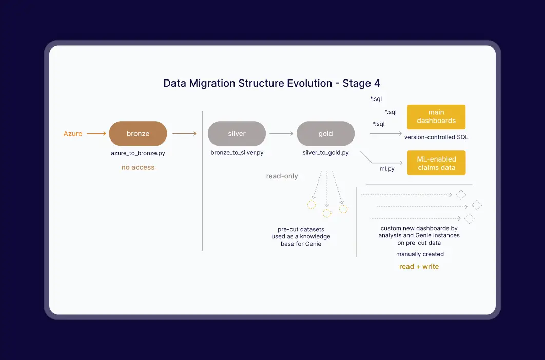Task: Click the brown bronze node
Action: [138, 134]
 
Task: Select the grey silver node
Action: [237, 134]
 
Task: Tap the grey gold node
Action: [325, 134]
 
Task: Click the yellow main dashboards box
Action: [436, 117]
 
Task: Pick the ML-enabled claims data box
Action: [436, 163]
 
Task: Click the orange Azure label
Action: [73, 134]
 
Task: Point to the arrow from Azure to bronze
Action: [96, 134]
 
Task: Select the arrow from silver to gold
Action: [281, 134]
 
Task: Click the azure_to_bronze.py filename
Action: [138, 153]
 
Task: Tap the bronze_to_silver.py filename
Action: [237, 153]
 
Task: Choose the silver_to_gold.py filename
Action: [325, 153]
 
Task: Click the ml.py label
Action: [387, 168]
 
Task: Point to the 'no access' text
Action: [138, 167]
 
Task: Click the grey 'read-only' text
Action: [282, 176]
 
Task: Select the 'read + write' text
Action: [419, 267]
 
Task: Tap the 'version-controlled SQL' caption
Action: [436, 137]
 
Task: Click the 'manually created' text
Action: [420, 254]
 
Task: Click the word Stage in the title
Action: [357, 83]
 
